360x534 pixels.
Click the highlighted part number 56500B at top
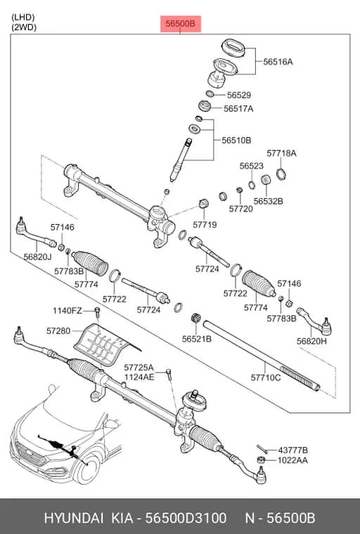[x=180, y=24]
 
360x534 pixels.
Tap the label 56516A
[x=278, y=62]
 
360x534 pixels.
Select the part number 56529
[x=239, y=96]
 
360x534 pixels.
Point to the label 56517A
[x=238, y=109]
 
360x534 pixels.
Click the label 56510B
[x=236, y=141]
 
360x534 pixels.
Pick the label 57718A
[x=281, y=154]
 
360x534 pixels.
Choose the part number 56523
[x=251, y=167]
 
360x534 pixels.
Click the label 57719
[x=205, y=225]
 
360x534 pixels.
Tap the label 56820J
[x=38, y=257]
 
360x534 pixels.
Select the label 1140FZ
[x=67, y=311]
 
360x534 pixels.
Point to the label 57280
[x=58, y=331]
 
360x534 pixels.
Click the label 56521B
[x=197, y=339]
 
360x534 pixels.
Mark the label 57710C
[x=266, y=378]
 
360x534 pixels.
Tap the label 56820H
[x=311, y=341]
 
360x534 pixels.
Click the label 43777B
[x=292, y=450]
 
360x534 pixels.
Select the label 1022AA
[x=292, y=461]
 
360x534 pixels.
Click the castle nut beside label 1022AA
[x=261, y=460]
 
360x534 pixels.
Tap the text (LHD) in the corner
[x=23, y=17]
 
